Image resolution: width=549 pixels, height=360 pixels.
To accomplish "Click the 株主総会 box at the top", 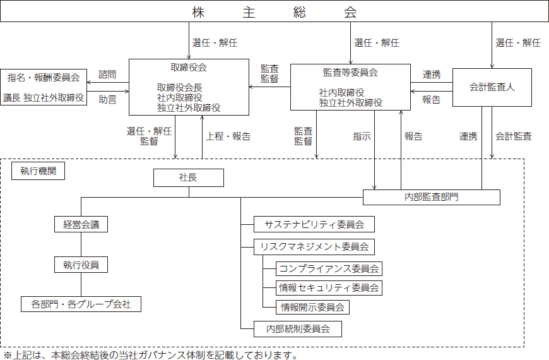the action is point(274,11).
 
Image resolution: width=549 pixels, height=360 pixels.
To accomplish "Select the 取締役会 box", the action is point(189,87).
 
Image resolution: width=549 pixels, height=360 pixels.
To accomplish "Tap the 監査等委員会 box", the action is point(350,87).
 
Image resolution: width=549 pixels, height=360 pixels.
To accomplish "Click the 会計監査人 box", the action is point(492,87).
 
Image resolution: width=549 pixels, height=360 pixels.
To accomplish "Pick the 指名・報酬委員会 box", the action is point(44,87).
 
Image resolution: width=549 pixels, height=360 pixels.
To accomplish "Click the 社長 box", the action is point(189,177).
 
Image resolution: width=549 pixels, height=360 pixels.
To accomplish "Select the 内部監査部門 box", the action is point(432,197).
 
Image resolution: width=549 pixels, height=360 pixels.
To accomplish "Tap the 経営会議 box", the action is point(81,224).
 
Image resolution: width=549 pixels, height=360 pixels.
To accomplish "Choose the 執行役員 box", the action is point(81,265).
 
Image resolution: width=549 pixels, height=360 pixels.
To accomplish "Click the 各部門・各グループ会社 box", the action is point(81,304).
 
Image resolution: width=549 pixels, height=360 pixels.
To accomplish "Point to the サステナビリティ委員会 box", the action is point(314,224).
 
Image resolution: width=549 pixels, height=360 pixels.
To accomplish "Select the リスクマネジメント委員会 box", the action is point(314,247).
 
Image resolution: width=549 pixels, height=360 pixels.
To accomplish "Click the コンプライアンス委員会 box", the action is point(329,269).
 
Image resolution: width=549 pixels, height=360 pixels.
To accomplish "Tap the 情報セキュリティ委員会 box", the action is point(329,288).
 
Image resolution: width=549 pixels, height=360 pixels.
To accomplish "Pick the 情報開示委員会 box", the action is point(312,308).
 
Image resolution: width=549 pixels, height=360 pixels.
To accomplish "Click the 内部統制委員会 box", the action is point(298,329).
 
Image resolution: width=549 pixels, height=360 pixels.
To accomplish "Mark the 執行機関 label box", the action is point(38,171).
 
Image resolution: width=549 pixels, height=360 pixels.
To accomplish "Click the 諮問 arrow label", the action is point(107,75).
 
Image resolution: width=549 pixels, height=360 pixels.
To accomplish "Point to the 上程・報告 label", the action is point(228,136).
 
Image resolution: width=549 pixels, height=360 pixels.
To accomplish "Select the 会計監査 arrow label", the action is point(514,136).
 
